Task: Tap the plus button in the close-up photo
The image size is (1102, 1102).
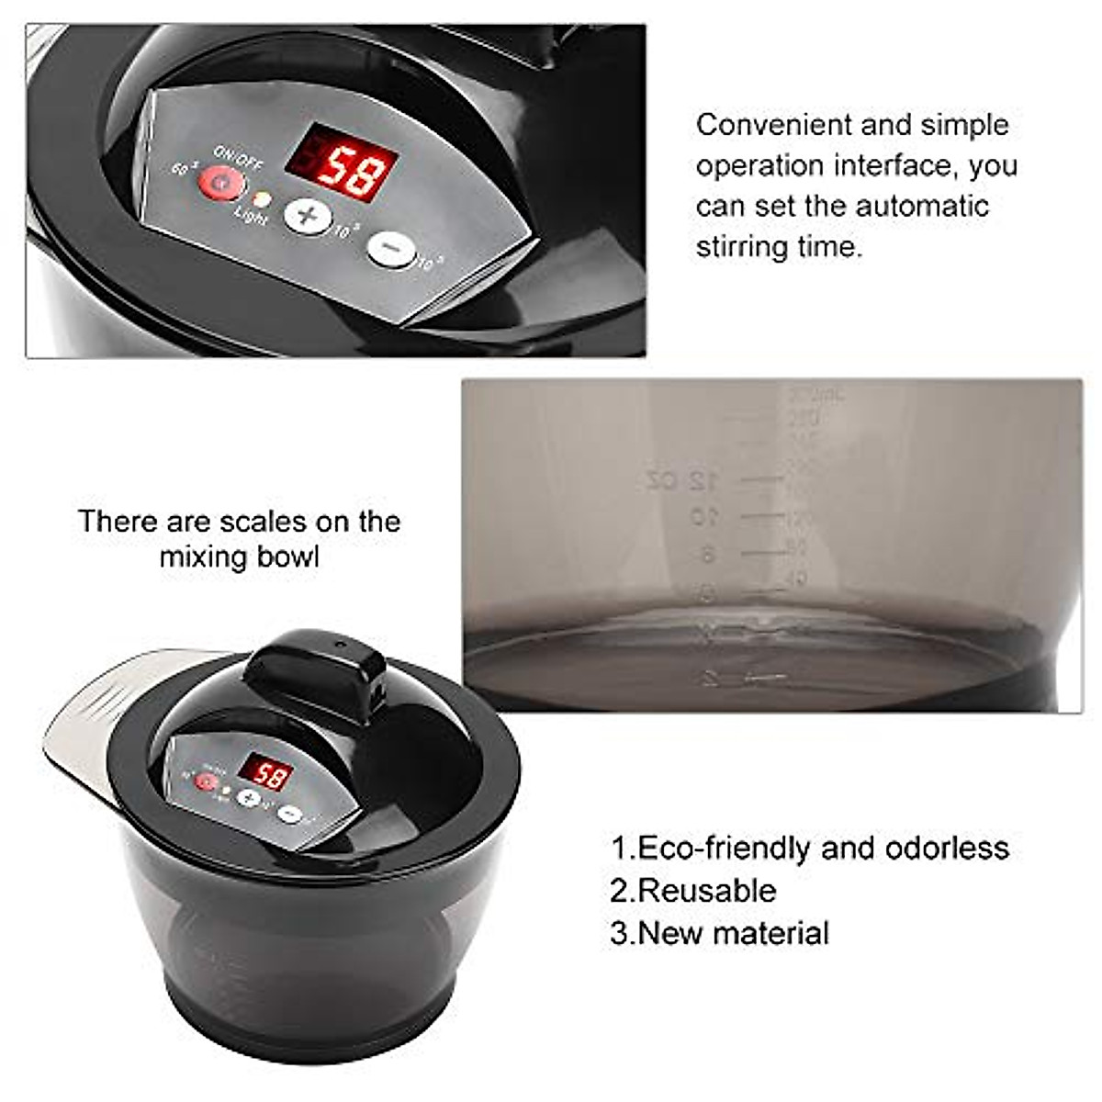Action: coord(307,216)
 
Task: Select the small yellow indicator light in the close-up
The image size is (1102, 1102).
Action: coord(261,198)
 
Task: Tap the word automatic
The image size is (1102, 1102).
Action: coord(917,206)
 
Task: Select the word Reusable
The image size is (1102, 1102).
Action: coord(706,890)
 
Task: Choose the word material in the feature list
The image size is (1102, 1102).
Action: coord(770,933)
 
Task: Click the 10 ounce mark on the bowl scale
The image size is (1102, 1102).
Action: coord(704,516)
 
